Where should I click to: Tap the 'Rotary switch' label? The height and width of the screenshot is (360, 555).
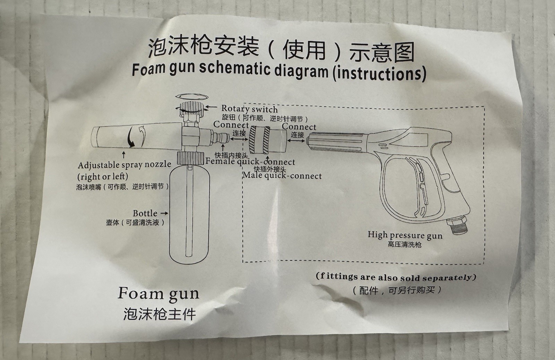[249, 109]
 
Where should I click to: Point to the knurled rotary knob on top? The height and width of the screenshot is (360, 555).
[191, 107]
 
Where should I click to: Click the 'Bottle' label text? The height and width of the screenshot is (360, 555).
[145, 213]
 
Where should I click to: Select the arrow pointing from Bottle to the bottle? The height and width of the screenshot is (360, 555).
[164, 213]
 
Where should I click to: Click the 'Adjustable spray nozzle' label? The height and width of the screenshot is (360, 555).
[125, 165]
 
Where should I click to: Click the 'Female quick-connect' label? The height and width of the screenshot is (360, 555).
[250, 162]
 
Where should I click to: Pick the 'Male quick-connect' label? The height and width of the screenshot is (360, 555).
[282, 175]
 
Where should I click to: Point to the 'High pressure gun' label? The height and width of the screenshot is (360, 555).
[405, 235]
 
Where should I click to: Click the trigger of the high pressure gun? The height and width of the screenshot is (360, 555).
[419, 183]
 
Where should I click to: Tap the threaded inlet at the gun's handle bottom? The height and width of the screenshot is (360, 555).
[458, 225]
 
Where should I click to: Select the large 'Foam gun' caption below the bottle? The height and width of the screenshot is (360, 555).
[158, 294]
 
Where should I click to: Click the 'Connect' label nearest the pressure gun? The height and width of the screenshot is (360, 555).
[299, 127]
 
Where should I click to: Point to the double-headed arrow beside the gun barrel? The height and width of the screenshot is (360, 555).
[296, 141]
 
